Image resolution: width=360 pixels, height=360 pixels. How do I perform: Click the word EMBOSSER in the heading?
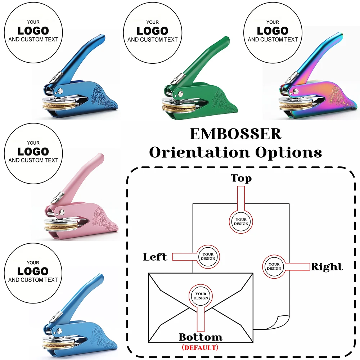tap(235, 134)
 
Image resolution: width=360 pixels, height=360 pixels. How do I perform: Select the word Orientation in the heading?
tap(200, 153)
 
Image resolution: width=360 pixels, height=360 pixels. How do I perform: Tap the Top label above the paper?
tap(241, 178)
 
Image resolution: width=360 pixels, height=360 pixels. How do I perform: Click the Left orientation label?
tap(155, 257)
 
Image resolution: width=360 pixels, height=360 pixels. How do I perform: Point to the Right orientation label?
tap(327, 267)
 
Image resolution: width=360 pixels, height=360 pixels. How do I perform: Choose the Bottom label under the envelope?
tap(201, 337)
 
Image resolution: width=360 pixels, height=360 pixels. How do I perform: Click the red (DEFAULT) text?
tap(200, 348)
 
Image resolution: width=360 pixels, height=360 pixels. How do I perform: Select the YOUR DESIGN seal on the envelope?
tap(201, 296)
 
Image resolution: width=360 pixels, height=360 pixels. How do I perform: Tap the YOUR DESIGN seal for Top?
tap(241, 221)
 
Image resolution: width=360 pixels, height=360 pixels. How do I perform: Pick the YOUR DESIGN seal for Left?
tap(208, 256)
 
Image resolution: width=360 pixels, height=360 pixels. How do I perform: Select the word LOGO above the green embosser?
tap(152, 31)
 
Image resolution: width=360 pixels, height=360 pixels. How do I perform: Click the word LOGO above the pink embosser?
tap(33, 151)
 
